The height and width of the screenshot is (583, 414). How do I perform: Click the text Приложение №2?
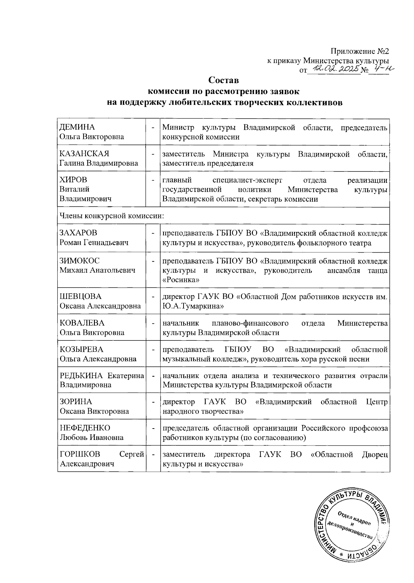pyautogui.click(x=360, y=51)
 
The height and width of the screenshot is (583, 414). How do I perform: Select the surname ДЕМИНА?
pyautogui.click(x=77, y=127)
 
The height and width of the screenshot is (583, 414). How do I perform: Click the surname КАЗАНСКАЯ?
pyautogui.click(x=85, y=154)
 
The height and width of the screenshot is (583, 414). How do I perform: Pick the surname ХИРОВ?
pyautogui.click(x=73, y=180)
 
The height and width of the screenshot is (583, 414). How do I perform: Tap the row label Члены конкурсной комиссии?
pyautogui.click(x=111, y=216)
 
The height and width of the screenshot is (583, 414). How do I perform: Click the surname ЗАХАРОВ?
pyautogui.click(x=79, y=233)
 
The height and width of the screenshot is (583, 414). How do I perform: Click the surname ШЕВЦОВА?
pyautogui.click(x=81, y=297)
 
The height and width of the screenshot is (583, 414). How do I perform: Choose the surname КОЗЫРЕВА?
pyautogui.click(x=82, y=349)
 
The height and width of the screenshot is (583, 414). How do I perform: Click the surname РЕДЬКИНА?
pyautogui.click(x=81, y=376)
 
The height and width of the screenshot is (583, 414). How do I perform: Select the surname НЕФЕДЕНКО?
pyautogui.click(x=85, y=428)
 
